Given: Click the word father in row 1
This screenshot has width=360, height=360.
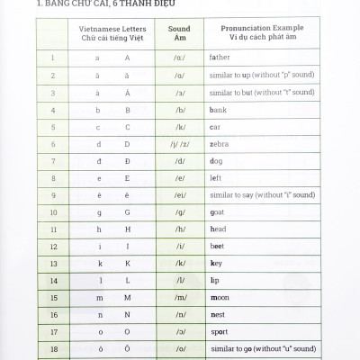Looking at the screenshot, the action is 219,58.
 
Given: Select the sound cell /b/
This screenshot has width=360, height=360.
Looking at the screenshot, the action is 180,110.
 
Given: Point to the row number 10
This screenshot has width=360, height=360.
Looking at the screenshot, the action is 53,212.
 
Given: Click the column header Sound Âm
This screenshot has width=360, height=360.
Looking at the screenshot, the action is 179,34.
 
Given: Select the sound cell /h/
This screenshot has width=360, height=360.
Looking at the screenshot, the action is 180,229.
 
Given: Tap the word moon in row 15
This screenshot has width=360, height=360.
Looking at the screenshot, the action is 219,297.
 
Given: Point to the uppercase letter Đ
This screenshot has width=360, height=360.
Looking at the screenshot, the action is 127,161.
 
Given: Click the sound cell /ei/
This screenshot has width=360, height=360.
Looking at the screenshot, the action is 180,195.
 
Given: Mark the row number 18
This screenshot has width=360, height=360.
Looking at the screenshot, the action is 53,348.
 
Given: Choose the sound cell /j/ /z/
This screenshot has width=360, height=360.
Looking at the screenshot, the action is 180,144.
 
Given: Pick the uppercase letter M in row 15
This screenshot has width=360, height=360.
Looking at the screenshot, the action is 127,297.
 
